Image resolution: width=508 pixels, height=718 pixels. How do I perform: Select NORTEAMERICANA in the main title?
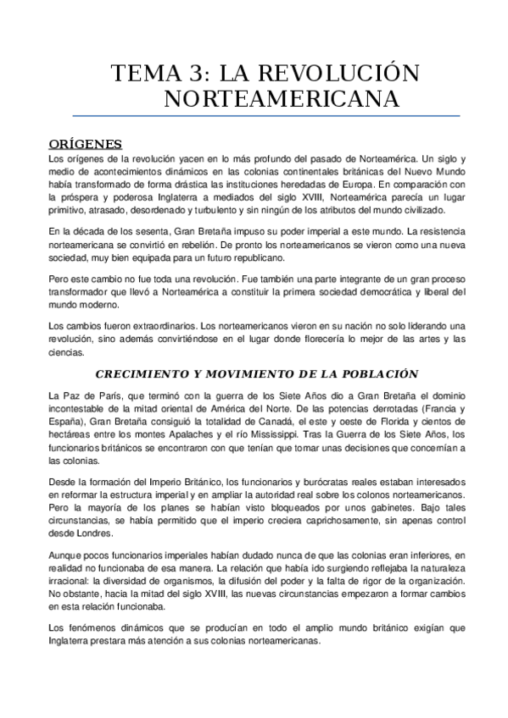coord(281,99)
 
